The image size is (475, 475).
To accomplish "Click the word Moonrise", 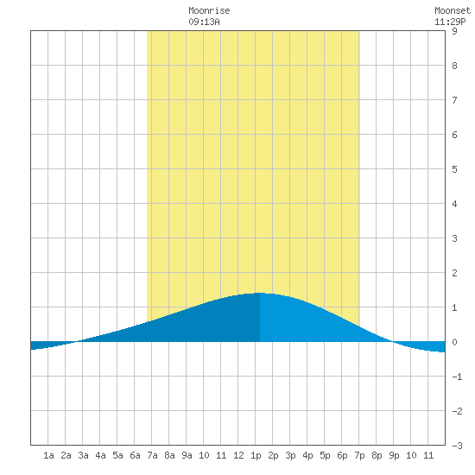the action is pos(209,10).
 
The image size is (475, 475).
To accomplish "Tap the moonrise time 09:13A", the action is pos(204,22).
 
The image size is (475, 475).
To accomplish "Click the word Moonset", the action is pos(453,10).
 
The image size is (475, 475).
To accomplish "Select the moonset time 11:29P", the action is pos(450,22).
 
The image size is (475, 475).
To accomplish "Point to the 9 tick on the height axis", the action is pos(454,31).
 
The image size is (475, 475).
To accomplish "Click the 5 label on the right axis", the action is pos(454,169).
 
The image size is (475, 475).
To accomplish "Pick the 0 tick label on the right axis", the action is pos(454,342).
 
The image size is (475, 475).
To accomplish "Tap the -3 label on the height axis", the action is pos(457,446).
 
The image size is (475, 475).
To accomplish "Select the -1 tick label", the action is pos(457,377).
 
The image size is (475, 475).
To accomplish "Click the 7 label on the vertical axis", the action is pos(454,100).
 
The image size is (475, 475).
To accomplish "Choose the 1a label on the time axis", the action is pos(48,455).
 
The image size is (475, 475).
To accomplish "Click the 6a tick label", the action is pos(135,455).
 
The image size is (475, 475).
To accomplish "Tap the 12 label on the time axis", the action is pos(238,455).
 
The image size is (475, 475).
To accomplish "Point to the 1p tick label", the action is pos(256,455).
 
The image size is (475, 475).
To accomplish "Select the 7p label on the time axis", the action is pos(359,455).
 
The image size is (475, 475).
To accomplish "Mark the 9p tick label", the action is pos(394,455).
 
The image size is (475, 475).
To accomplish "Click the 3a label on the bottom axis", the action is pos(83,455).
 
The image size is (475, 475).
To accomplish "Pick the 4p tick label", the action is pos(307,455).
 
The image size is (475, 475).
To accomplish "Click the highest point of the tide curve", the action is pos(260,293).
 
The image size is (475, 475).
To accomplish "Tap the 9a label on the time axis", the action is pos(187,455).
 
